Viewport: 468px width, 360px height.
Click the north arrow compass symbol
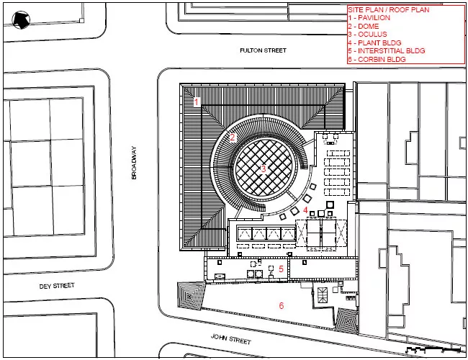tap(21, 20)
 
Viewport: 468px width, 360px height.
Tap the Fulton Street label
tap(263, 50)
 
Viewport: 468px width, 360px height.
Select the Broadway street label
tap(134, 163)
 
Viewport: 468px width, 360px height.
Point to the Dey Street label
tap(57, 286)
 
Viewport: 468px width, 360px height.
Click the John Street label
tap(231, 339)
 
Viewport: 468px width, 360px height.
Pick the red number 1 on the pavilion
tap(196, 102)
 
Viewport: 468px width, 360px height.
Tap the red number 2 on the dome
tap(233, 138)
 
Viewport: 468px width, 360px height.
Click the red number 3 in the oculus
tap(264, 169)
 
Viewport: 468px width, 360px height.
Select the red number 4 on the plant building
tap(305, 210)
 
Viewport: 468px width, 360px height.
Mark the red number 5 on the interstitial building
tap(281, 269)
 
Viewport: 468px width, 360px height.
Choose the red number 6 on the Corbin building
tap(281, 305)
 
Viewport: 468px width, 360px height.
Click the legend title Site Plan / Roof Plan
tap(389, 10)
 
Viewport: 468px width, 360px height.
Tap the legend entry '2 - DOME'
tap(364, 26)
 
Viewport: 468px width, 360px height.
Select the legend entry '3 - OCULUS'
tap(367, 35)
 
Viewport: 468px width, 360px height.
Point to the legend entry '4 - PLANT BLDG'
tap(374, 42)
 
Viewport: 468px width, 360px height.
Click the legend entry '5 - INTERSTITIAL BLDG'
tap(387, 50)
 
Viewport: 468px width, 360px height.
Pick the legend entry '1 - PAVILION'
tap(369, 18)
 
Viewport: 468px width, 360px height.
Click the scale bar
tap(433, 349)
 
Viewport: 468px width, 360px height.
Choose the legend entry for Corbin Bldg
tap(377, 59)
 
